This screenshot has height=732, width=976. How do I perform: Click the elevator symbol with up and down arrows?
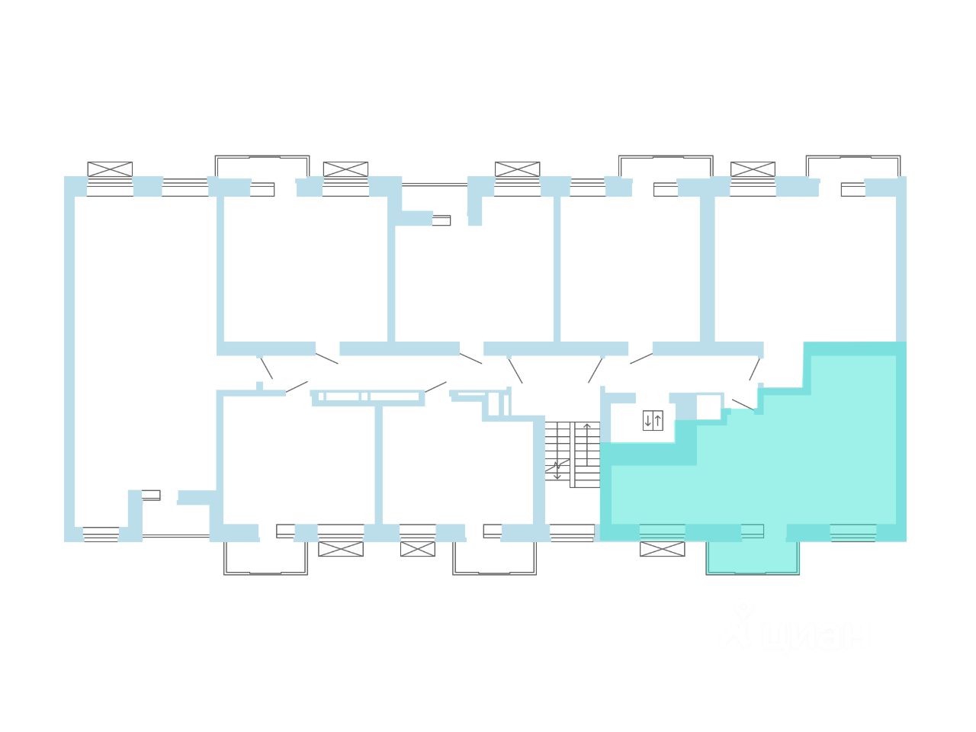[653, 420]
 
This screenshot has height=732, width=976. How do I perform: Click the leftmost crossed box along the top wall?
[110, 169]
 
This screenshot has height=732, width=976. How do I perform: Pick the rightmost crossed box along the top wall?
[753, 169]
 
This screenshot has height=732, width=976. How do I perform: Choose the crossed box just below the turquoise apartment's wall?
[662, 549]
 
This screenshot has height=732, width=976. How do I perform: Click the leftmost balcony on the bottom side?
[265, 557]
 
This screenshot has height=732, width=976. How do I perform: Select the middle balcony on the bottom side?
[494, 557]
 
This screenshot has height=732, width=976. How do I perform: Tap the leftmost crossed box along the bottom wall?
[341, 549]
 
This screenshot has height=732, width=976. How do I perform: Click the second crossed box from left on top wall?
[345, 169]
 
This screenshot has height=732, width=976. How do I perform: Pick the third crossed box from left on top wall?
[517, 169]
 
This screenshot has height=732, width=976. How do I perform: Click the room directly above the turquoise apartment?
[804, 267]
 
